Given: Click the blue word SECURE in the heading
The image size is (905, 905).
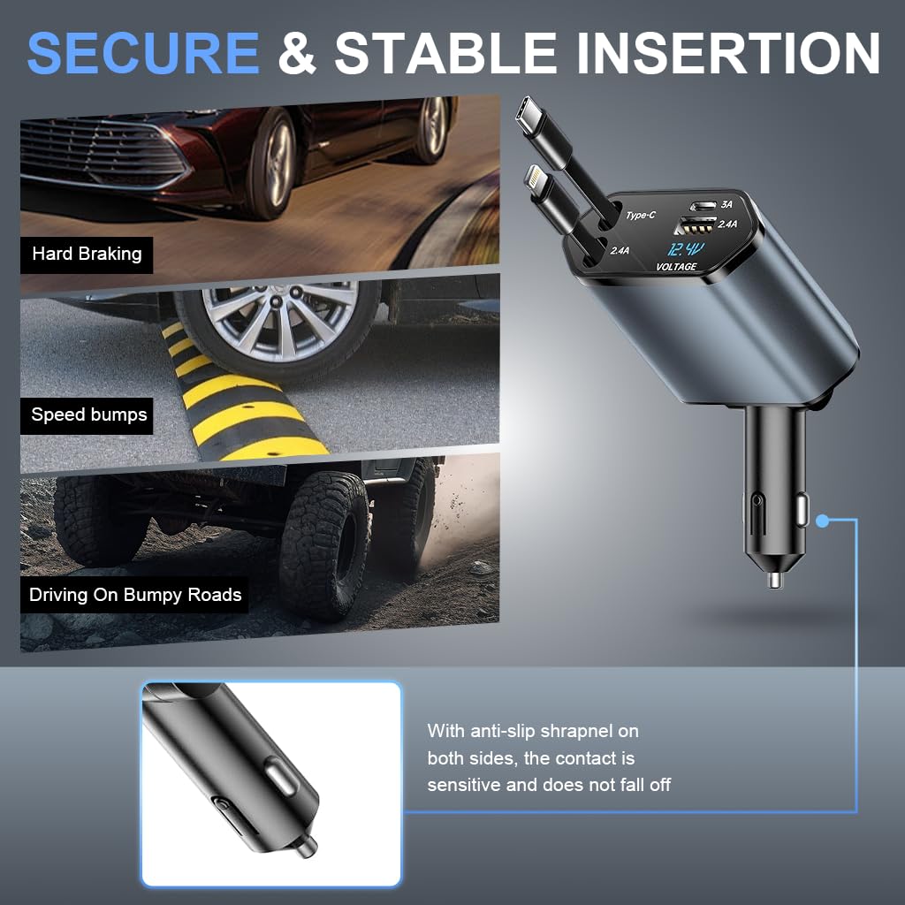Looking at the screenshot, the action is tap(143, 53).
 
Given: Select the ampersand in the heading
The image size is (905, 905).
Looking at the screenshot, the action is tap(297, 53).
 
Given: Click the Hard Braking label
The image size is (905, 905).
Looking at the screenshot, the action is tap(87, 254).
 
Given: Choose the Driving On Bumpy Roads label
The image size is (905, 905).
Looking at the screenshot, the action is tap(135, 595).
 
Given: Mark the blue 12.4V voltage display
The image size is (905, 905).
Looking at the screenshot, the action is tap(686, 249).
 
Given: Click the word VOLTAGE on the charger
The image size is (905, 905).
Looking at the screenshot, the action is tap(676, 267).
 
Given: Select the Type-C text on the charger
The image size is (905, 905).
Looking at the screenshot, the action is tap(641, 216).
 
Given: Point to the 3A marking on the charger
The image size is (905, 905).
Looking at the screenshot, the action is tap(726, 204).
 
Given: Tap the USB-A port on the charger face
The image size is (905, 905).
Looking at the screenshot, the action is tap(696, 225).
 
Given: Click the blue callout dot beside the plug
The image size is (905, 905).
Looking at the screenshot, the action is tap(822, 521).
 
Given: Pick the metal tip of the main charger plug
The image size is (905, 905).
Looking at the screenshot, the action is tap(774, 580).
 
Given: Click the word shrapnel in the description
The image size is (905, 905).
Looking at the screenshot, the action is tap(578, 731).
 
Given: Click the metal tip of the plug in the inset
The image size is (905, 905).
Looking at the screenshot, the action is tap(307, 845).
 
